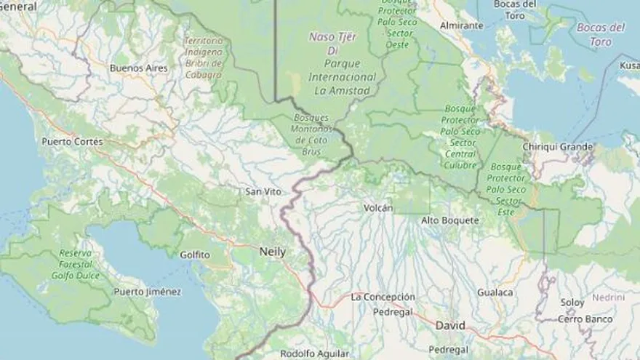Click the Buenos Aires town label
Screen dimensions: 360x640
[138, 68]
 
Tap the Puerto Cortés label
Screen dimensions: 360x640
[73, 142]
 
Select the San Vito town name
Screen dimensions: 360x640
[263, 192]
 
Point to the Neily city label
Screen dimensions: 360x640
[273, 252]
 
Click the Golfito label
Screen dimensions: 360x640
[194, 255]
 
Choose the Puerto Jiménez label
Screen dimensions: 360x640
[148, 292]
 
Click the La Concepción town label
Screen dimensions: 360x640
[383, 297]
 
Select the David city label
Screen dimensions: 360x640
[450, 326]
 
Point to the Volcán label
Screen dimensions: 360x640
[378, 208]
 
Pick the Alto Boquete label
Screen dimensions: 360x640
[450, 220]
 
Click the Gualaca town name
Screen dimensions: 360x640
[495, 292]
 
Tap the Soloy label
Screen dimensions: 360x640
[572, 303]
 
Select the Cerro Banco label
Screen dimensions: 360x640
[585, 319]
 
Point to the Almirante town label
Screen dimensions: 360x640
[462, 25]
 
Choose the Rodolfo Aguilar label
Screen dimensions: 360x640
[314, 354]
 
